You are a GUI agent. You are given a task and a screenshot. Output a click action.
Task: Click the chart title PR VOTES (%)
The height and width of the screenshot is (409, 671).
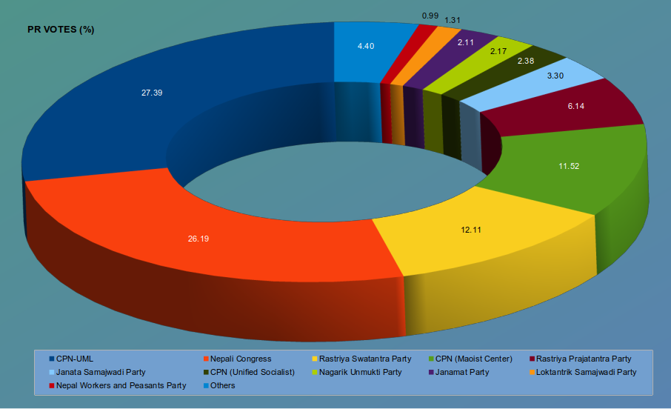60,30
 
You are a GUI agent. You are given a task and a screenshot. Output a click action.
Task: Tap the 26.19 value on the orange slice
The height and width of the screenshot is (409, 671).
198,239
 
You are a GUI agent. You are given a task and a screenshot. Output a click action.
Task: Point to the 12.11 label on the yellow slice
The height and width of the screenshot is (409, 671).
471,230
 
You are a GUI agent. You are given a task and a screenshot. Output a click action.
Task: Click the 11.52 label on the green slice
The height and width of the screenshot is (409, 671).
569,166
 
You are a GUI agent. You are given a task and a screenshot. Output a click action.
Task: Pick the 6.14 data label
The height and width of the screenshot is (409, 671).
576,107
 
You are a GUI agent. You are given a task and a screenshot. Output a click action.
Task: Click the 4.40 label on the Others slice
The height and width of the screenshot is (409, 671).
366,46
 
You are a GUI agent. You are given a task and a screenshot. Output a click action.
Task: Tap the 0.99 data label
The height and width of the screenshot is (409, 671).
430,16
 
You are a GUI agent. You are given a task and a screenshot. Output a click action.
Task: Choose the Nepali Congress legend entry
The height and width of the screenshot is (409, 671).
241,359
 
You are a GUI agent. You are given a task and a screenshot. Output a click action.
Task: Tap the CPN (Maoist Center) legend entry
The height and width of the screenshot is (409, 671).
474,359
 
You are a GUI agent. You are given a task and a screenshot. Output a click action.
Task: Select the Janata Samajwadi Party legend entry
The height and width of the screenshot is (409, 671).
100,372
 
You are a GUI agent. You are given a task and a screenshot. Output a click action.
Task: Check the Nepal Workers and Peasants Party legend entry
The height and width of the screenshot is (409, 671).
121,385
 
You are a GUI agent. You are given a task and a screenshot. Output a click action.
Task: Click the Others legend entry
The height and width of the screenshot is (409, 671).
222,385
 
